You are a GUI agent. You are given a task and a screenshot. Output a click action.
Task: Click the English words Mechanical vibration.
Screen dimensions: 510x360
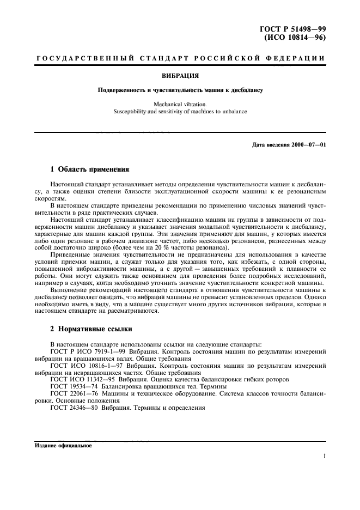(x=180, y=102)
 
